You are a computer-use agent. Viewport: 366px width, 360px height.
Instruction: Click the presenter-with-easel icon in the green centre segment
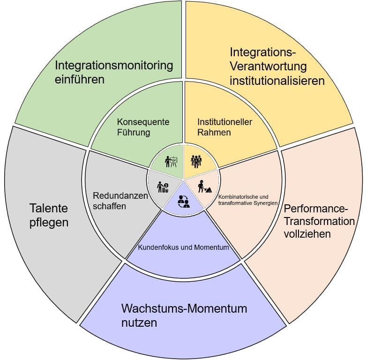[x=171, y=161]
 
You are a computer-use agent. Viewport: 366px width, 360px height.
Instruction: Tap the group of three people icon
[x=196, y=161]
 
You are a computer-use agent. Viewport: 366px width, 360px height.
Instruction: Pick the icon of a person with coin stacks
[x=163, y=187]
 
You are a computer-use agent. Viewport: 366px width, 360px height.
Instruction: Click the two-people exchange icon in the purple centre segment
[x=183, y=201]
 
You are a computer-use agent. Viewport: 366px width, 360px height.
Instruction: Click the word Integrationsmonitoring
[x=114, y=65]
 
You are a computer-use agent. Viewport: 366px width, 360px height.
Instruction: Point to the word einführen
[x=79, y=79]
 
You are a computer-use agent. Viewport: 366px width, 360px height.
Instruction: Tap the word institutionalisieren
[x=277, y=81]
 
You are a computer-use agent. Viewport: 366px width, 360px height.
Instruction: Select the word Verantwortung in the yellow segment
[x=268, y=66]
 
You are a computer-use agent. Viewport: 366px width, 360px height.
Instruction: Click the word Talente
[x=49, y=208]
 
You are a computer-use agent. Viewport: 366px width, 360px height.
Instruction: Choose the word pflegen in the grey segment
[x=49, y=222]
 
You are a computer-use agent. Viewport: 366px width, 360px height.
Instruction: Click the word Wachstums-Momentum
[x=184, y=308]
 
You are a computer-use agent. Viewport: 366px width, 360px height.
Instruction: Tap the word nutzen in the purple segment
[x=139, y=323]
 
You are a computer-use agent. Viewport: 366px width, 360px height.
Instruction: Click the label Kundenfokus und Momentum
[x=183, y=247]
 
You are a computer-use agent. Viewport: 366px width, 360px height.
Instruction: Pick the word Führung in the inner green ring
[x=134, y=133]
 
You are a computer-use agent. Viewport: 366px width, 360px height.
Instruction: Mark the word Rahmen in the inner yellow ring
[x=214, y=133]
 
